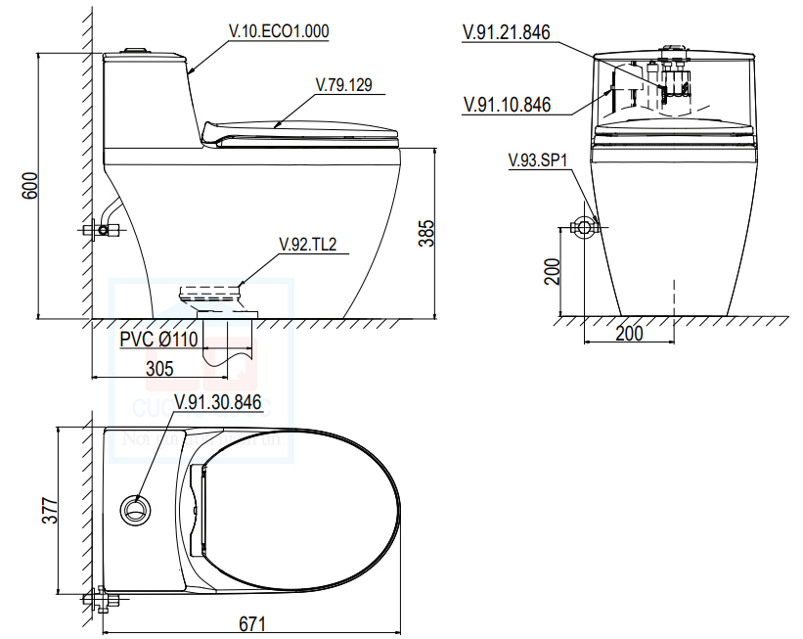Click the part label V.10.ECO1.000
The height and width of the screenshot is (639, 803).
[x=279, y=31]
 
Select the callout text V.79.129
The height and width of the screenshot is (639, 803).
[x=343, y=85]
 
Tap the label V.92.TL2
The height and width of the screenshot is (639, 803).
[x=307, y=245]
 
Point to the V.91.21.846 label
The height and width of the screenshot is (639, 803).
[x=506, y=33]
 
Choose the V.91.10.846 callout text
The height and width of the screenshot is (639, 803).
[x=506, y=105]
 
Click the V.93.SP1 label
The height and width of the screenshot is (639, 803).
[x=538, y=160]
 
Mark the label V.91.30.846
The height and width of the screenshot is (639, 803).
[x=217, y=401]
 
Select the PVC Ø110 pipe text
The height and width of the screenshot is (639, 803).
[x=158, y=340]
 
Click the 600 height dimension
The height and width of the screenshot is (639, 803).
[x=29, y=186]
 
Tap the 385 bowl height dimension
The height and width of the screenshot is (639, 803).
[x=426, y=233]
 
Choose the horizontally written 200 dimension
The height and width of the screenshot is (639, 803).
[x=629, y=334]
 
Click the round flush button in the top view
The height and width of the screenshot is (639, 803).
[x=136, y=510]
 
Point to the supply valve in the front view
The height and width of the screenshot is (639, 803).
[x=585, y=229]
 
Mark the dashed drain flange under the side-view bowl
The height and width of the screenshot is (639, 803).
[x=211, y=293]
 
